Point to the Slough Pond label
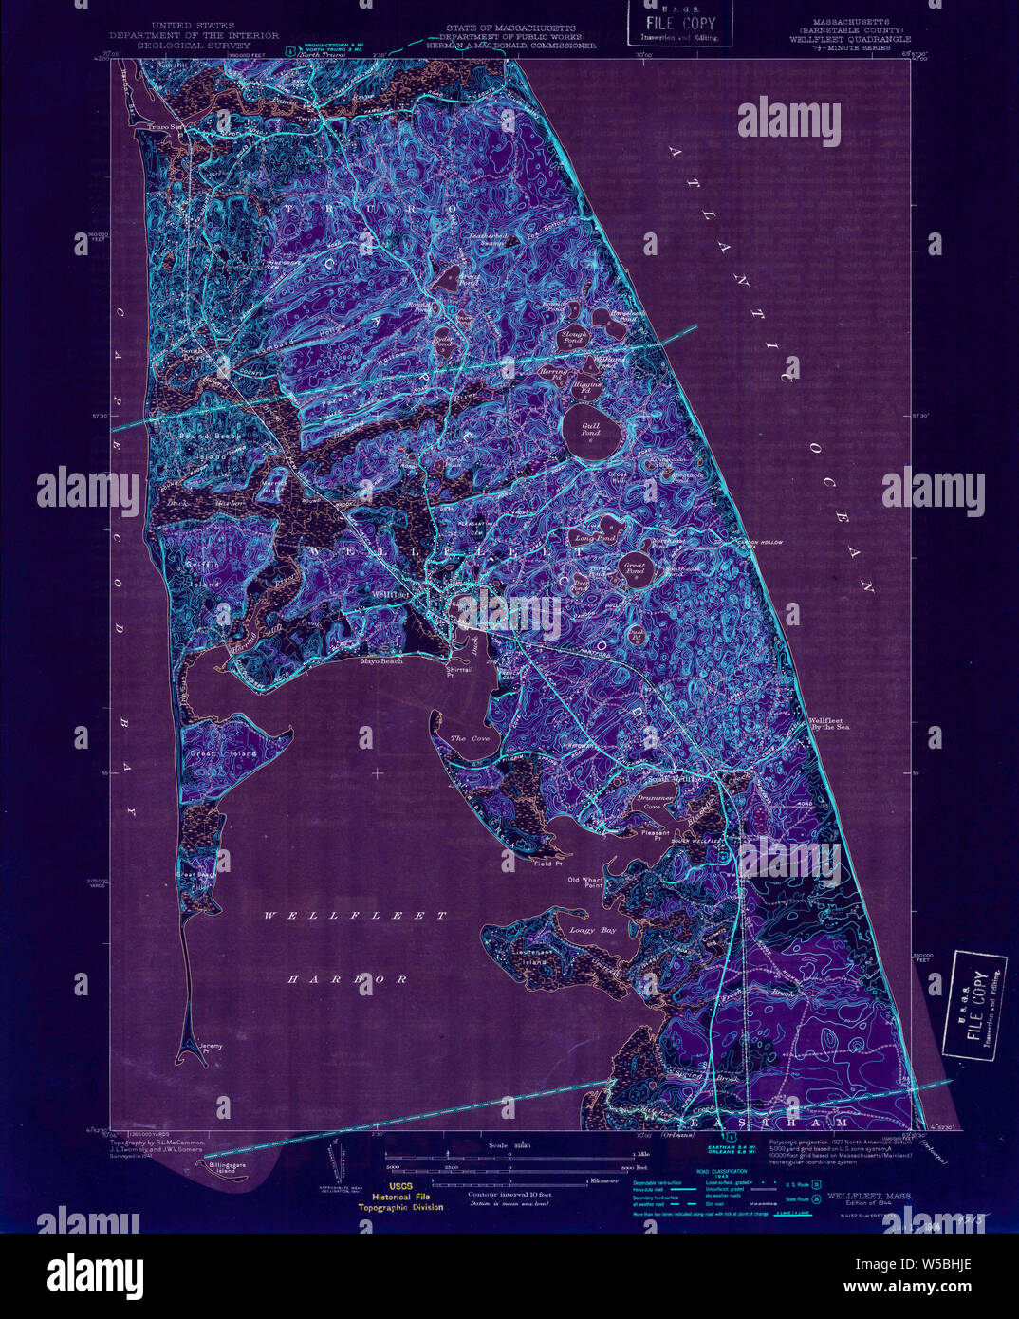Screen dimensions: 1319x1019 575,338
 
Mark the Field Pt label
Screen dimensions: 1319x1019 547,864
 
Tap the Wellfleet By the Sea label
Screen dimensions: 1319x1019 828,723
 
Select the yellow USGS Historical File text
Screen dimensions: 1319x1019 399,1198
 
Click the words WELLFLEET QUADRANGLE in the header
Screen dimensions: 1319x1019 849,39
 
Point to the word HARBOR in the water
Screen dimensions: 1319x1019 348,978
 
